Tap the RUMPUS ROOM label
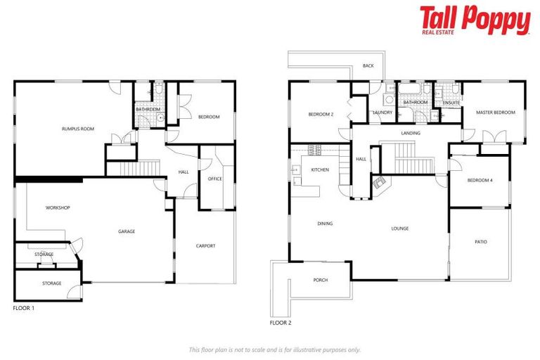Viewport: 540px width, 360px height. pos(77,129)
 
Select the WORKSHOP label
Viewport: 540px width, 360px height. pos(58,207)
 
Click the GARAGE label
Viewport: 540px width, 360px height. pos(127,231)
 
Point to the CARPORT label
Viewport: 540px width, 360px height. pos(205,245)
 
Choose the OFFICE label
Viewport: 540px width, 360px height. pos(214,179)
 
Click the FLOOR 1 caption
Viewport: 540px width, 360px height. pos(24,308)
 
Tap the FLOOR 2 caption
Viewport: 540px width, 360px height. pos(281,323)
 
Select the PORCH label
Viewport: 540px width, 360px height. pos(320,280)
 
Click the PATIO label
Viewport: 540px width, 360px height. pos(480,242)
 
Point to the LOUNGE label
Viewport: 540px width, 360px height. pos(400,229)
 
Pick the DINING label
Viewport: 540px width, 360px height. pos(325,224)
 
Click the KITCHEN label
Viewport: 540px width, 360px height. pos(320,170)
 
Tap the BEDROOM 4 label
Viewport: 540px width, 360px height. pos(480,181)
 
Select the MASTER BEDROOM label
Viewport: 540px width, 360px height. pos(495,112)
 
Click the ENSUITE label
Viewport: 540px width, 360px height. pos(451,103)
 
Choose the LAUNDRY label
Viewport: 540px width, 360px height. pos(382,112)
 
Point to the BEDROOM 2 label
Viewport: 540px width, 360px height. pos(321,114)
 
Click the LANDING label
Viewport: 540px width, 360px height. pos(411,133)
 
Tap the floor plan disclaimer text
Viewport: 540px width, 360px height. pos(274,349)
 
